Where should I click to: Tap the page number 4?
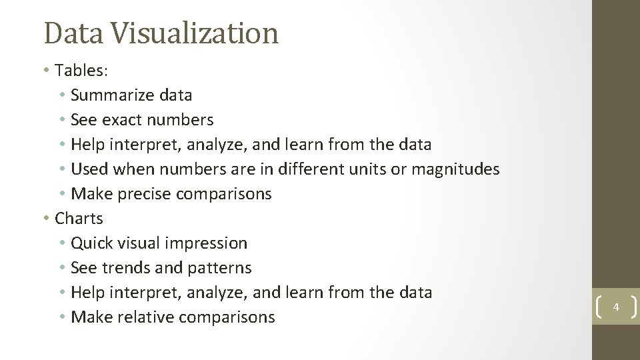click(x=616, y=307)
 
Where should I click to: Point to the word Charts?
click(x=79, y=219)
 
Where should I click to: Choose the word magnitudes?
click(x=455, y=169)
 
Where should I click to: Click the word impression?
click(x=207, y=243)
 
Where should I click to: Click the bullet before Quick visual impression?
click(x=62, y=243)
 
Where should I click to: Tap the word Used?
click(x=89, y=169)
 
